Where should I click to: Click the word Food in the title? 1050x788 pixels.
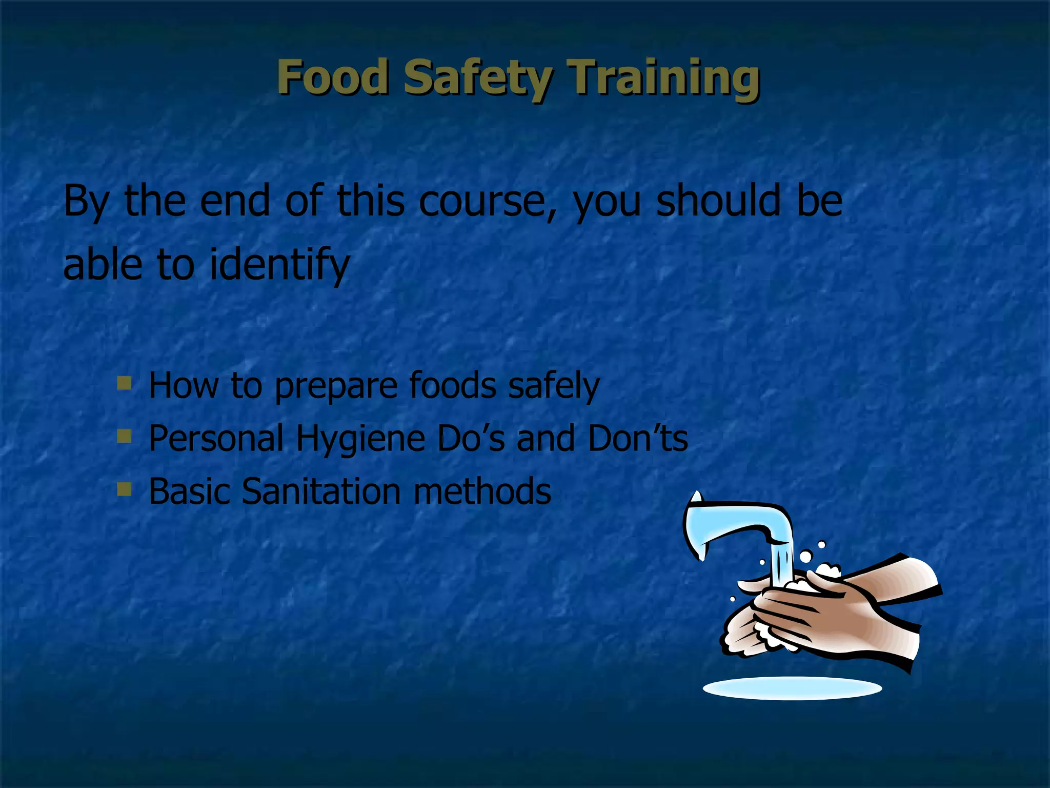333,77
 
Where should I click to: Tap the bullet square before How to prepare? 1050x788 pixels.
124,383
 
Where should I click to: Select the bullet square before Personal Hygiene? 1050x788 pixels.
124,436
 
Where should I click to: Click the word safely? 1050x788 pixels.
554,386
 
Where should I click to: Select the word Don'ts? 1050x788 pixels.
638,439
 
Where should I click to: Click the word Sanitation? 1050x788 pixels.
321,491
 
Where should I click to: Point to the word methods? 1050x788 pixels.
482,491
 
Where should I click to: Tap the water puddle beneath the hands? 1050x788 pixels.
792,688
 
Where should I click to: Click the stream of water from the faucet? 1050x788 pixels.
781,564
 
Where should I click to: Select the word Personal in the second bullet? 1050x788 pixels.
216,439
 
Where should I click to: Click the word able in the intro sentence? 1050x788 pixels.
103,264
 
